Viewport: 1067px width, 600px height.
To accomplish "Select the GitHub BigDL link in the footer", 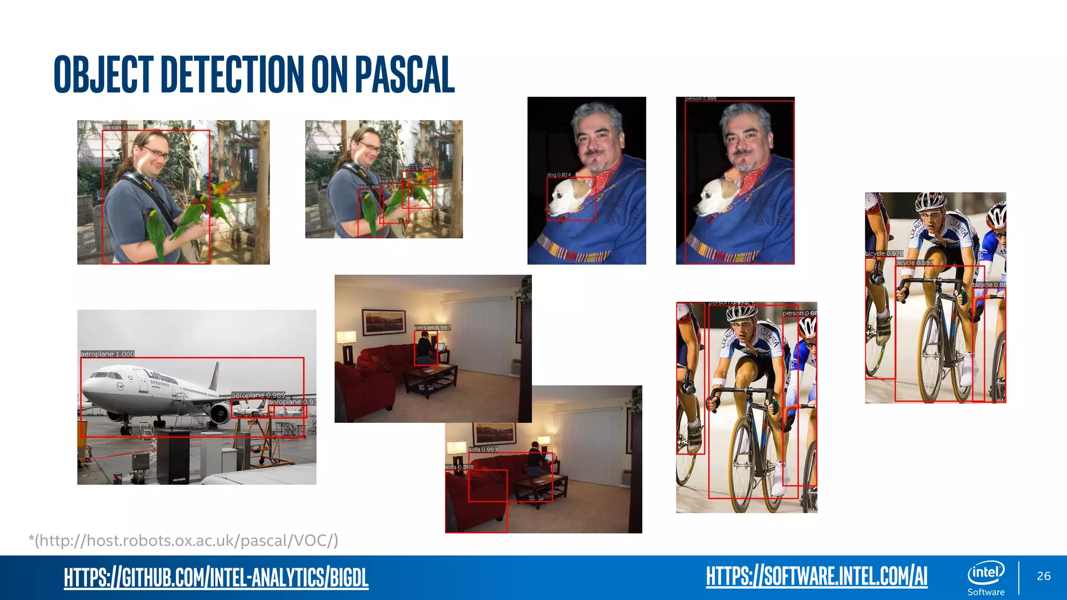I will click(216, 577).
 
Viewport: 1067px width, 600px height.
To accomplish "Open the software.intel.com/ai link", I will click(816, 576).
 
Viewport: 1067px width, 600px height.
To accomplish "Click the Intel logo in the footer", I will click(986, 573).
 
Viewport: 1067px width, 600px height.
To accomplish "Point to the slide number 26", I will click(1044, 576).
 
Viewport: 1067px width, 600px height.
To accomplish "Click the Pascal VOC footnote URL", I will click(183, 541).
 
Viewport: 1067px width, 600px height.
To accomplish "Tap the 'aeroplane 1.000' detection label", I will click(107, 354).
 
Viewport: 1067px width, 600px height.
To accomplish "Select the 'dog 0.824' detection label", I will click(559, 175).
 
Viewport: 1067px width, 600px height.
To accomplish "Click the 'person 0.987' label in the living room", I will click(432, 328).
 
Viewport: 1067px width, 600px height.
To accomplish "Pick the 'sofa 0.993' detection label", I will click(483, 449).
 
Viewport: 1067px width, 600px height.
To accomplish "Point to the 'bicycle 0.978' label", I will click(884, 254).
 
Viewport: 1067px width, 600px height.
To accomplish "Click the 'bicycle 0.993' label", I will click(915, 263).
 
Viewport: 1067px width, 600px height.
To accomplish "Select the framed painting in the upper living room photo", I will click(384, 321).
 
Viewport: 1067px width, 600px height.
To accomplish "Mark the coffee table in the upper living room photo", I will click(430, 377).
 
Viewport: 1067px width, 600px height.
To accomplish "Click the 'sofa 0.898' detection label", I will click(460, 467).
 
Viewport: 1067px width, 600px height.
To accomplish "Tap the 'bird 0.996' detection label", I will click(368, 187).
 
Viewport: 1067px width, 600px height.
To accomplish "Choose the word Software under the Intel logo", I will click(986, 592).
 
